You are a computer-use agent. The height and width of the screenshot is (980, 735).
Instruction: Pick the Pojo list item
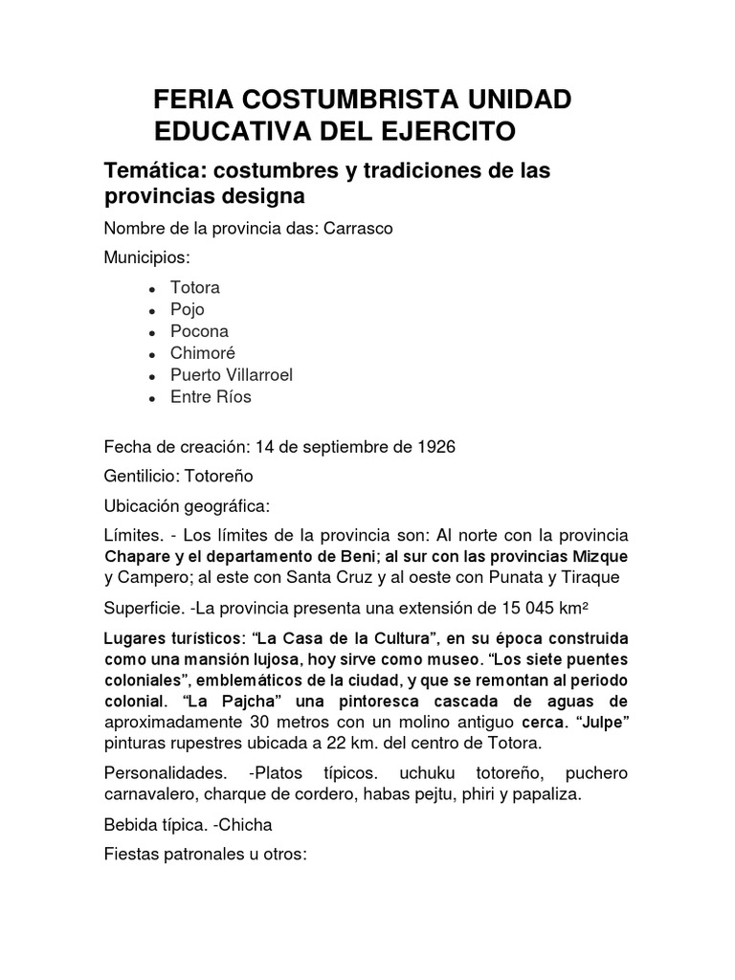(187, 309)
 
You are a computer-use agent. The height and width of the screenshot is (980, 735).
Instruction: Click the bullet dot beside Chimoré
(153, 354)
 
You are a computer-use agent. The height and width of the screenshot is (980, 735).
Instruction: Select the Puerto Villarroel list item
(231, 374)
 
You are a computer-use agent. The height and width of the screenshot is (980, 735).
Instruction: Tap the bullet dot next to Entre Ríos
(153, 398)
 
